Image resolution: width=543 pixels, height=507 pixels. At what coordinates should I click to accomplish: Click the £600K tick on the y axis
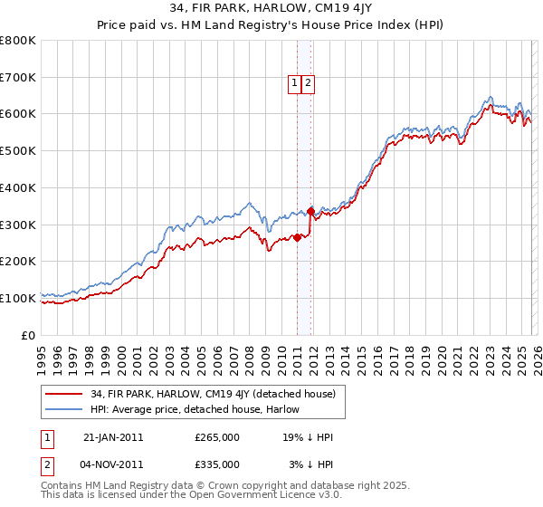[x=18, y=114]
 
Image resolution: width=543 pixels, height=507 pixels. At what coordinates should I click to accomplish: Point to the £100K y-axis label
[x=18, y=298]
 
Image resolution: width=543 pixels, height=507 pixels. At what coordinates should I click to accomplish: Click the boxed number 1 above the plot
[x=295, y=83]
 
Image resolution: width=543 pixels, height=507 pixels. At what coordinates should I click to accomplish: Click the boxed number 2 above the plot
[x=308, y=83]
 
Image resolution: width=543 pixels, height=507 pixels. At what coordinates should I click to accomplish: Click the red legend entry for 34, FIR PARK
[x=213, y=394]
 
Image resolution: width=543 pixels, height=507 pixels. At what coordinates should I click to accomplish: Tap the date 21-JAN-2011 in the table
[x=112, y=436]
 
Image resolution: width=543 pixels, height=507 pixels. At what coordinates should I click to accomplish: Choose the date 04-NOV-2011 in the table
[x=112, y=464]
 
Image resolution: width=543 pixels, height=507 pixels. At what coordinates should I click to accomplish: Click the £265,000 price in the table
[x=216, y=436]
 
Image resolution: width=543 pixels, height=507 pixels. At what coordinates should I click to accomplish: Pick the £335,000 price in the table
[x=216, y=464]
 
